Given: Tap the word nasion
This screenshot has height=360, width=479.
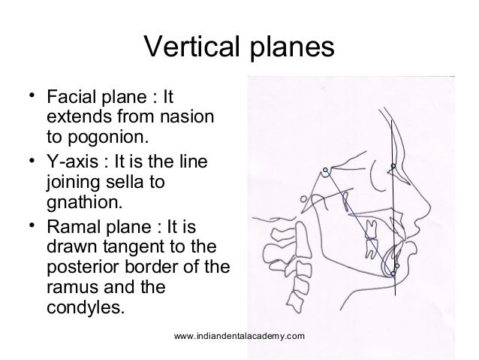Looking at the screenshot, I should [x=185, y=119].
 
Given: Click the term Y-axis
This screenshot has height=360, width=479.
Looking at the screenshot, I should [x=71, y=163].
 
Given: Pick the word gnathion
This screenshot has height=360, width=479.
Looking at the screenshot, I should [x=82, y=202].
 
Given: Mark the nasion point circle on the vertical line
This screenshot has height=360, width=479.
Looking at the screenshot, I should [x=391, y=166].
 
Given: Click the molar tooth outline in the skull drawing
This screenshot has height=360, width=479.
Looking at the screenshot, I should [x=369, y=242].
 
